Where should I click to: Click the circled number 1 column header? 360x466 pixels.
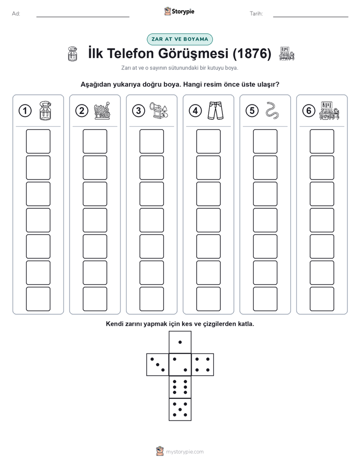click(x=25, y=111)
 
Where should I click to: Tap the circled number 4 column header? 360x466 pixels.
click(x=195, y=111)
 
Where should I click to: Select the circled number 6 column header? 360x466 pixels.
click(x=309, y=111)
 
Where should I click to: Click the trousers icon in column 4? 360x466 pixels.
click(x=216, y=110)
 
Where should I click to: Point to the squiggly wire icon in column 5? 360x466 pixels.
click(x=272, y=110)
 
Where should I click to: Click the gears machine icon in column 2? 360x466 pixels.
click(x=102, y=110)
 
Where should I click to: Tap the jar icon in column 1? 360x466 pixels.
click(x=45, y=110)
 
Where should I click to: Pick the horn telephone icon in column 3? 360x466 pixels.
click(x=159, y=110)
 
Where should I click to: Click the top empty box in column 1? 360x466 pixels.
click(x=38, y=141)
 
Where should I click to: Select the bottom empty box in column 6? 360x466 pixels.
click(x=322, y=299)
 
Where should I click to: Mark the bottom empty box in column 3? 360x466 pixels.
click(x=152, y=299)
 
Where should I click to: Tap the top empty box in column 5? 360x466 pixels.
click(x=265, y=141)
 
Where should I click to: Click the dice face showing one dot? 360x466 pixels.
click(x=180, y=342)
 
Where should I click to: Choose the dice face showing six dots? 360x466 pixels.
click(x=180, y=387)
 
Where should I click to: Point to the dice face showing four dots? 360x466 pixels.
click(x=203, y=365)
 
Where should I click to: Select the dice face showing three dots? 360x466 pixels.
click(x=158, y=365)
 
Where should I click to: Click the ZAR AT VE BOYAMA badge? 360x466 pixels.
click(x=179, y=39)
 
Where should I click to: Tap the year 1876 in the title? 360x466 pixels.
click(x=252, y=53)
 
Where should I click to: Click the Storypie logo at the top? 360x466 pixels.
click(x=179, y=12)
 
